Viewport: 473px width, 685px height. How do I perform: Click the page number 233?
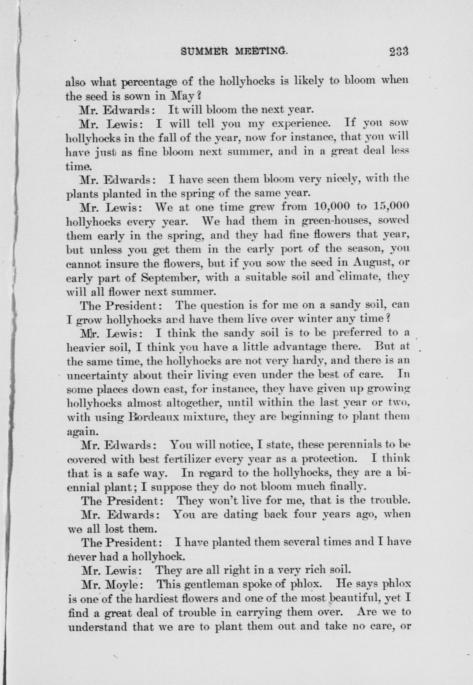(x=399, y=52)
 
